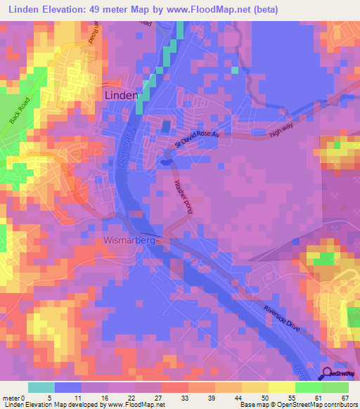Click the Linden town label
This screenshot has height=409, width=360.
point(120,95)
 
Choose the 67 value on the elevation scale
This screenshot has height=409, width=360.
point(345,397)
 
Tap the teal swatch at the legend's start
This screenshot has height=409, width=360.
point(41,387)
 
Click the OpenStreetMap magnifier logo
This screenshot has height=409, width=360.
point(328,375)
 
